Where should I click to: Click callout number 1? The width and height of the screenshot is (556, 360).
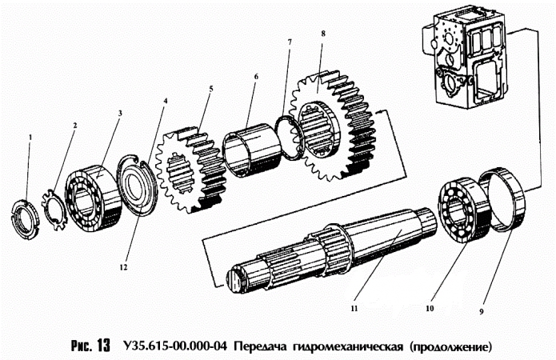click(x=30, y=138)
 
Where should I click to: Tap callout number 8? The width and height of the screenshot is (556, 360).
click(x=322, y=34)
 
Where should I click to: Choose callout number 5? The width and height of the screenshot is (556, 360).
click(x=209, y=90)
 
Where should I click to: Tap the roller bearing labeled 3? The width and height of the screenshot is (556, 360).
click(x=93, y=194)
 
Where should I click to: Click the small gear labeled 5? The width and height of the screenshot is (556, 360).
click(x=190, y=170)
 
